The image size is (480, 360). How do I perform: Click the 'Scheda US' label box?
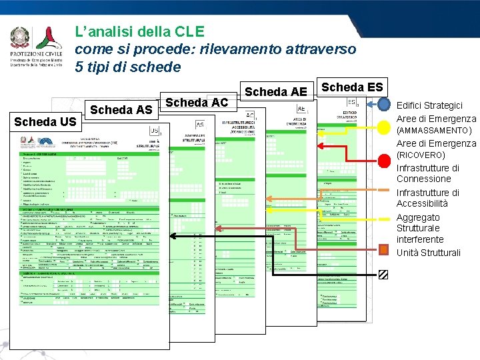45,121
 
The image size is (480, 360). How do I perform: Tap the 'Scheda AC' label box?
197,102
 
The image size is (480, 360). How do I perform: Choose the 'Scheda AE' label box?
276,91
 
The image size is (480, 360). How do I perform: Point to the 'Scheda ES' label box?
352,87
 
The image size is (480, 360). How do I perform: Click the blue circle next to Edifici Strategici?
385,105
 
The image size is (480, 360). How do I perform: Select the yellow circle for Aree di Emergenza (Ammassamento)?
385,126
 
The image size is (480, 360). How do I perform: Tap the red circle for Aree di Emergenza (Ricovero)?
385,160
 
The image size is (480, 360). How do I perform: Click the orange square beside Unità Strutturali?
384,250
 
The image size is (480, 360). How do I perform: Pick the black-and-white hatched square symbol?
384,273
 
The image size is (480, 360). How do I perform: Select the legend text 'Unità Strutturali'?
428,253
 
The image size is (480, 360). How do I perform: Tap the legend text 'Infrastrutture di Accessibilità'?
428,198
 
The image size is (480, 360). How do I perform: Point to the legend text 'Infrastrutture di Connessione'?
428,173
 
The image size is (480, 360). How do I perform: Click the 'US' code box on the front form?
155,129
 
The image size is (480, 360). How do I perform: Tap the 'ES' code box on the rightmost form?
351,102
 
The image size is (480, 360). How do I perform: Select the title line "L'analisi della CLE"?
139,31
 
